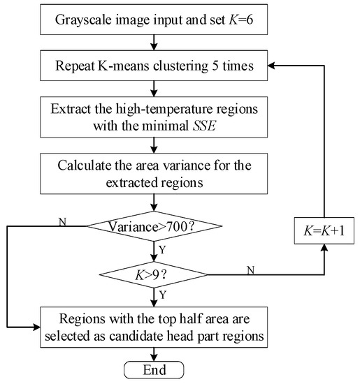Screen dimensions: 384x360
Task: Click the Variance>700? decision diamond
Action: pos(154,226)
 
